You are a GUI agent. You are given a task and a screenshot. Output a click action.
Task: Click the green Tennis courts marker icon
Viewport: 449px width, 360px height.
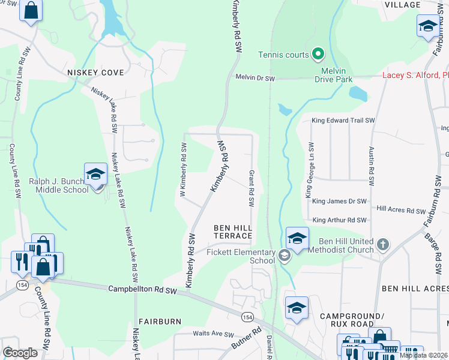(x=318, y=55)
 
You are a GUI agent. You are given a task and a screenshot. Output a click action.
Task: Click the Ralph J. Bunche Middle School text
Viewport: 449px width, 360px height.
(x=58, y=185)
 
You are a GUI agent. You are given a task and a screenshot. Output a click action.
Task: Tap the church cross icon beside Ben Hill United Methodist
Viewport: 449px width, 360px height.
(x=383, y=245)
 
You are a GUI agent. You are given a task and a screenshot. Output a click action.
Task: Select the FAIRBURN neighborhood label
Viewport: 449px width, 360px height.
(x=160, y=322)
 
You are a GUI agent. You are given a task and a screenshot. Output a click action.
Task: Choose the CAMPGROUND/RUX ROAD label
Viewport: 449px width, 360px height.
(x=351, y=320)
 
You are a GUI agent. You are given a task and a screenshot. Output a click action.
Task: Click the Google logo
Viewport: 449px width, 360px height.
(x=20, y=353)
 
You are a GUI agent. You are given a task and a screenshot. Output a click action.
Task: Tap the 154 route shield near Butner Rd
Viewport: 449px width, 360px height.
(x=247, y=316)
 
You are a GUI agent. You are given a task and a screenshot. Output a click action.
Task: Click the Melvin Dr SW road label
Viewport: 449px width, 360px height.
(x=255, y=78)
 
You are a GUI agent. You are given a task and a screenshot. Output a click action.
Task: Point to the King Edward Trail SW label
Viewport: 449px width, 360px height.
(x=343, y=121)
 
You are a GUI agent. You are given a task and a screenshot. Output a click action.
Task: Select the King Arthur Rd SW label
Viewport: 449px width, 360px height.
(x=339, y=220)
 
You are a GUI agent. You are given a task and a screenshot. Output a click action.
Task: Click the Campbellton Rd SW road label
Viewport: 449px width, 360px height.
(x=142, y=290)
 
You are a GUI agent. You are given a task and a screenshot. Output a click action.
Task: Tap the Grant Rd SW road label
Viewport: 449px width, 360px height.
(x=252, y=188)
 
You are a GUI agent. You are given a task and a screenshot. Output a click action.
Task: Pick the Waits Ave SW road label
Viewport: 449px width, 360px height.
(x=212, y=333)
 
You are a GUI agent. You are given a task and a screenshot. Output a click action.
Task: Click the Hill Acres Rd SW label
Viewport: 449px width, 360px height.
(x=401, y=209)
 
